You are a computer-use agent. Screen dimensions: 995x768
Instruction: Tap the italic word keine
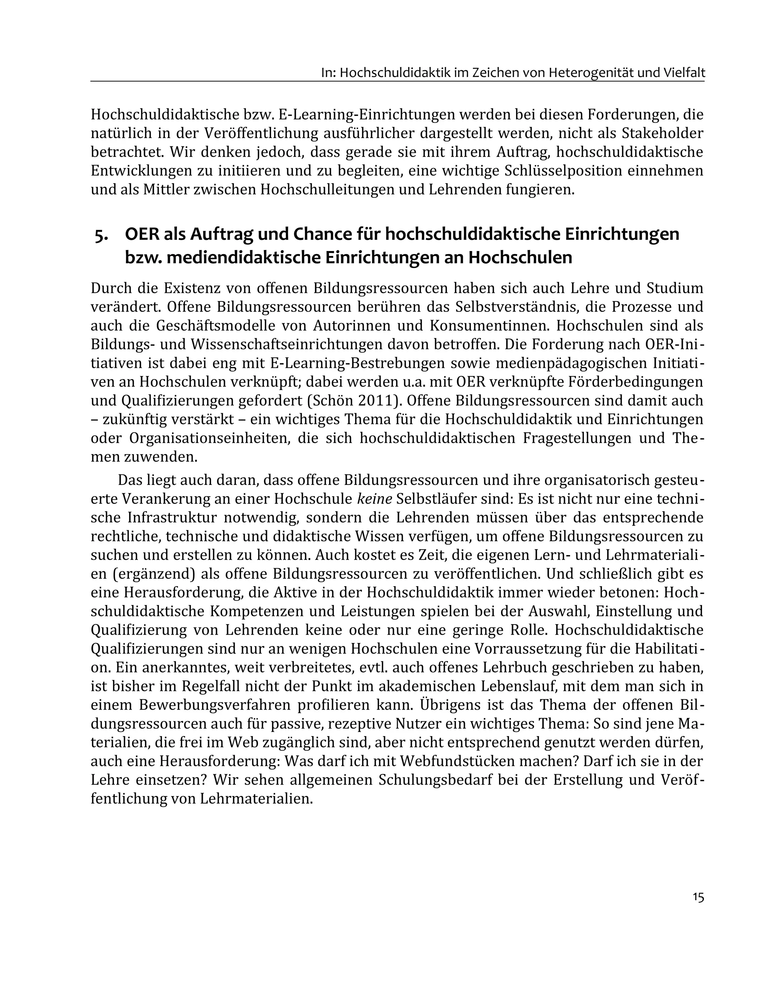375,499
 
